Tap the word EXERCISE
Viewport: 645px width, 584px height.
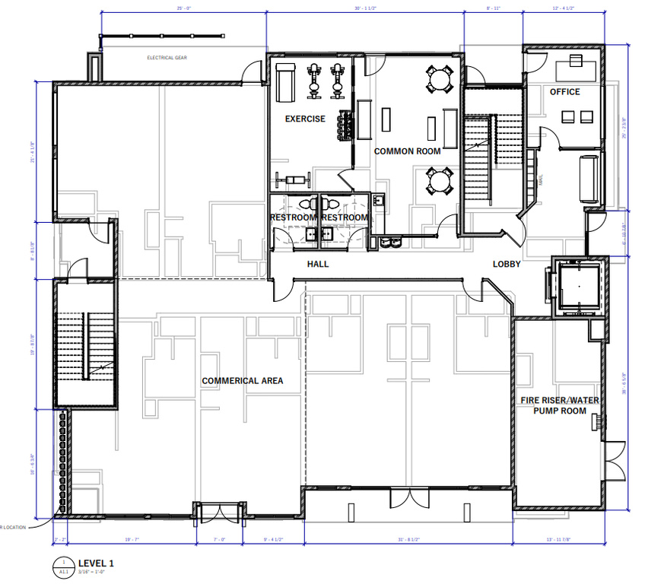pos(305,119)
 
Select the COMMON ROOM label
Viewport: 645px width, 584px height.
pos(407,151)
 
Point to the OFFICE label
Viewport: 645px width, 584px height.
pos(564,92)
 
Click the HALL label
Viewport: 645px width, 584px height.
pos(318,264)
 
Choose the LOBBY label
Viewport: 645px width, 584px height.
pos(507,264)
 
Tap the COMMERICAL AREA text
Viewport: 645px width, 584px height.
pos(242,380)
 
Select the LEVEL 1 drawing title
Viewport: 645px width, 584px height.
pos(96,563)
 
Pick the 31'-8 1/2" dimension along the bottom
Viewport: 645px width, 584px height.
pos(408,539)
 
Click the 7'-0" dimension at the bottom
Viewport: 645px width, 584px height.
pos(219,539)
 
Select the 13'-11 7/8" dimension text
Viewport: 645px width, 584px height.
pos(559,539)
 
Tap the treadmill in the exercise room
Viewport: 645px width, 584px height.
pos(286,81)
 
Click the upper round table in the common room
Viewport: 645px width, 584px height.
pos(439,79)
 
